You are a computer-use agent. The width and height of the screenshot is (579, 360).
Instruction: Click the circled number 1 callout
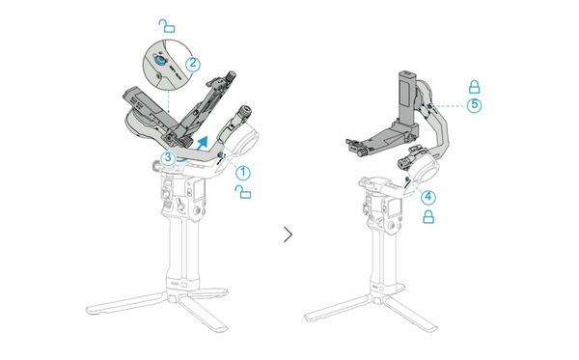pos(244,173)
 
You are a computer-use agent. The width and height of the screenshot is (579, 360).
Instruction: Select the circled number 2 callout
pos(193,64)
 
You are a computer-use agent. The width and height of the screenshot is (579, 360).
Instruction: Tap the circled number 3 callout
pos(168,157)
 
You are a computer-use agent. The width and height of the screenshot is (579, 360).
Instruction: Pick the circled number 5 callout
pos(474,105)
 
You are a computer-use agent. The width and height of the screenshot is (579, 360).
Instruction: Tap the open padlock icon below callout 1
pos(245,194)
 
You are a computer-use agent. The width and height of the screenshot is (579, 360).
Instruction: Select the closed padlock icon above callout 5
pos(474,85)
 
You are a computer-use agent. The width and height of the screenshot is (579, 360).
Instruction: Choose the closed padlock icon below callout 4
pos(427,218)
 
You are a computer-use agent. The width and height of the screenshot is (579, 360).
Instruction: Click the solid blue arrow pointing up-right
pos(202,145)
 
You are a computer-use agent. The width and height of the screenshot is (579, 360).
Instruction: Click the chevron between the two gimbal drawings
pos(289,234)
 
